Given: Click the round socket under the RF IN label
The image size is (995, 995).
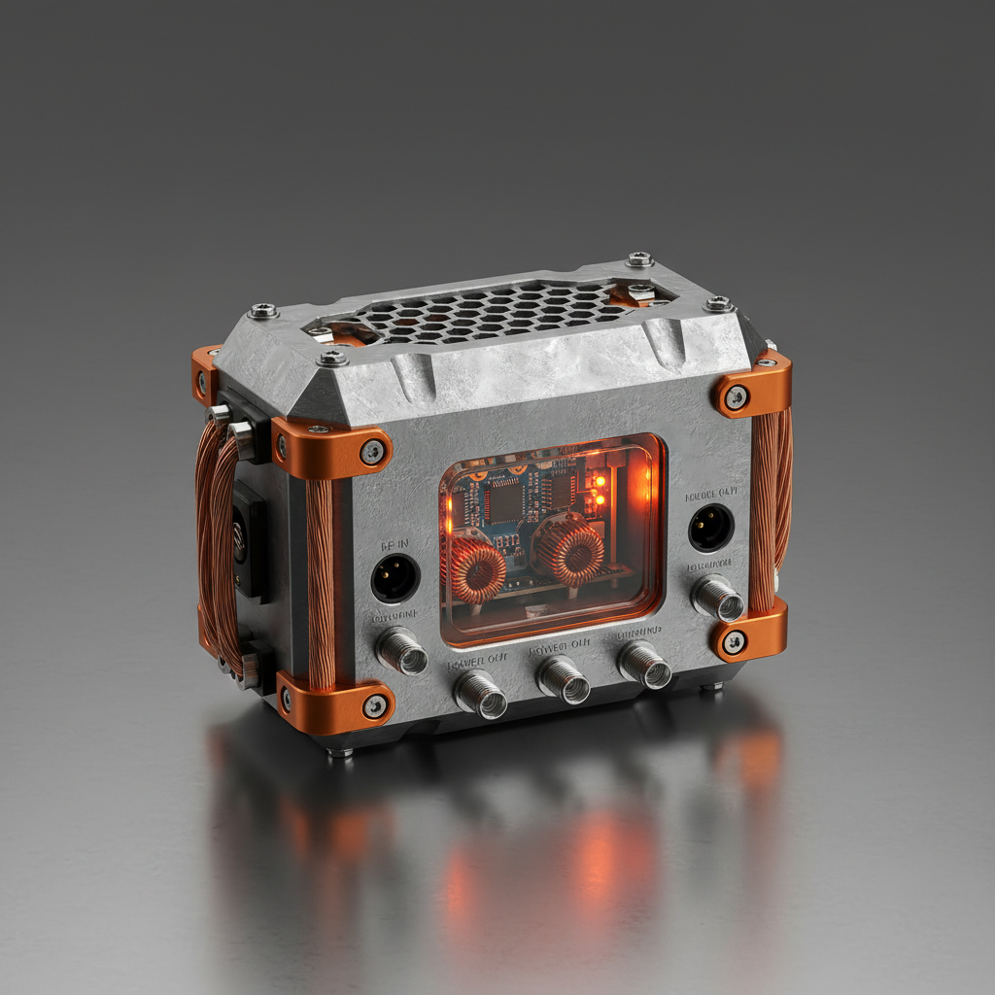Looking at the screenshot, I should tap(395, 578).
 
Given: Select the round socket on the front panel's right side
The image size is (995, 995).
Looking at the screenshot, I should tap(711, 528).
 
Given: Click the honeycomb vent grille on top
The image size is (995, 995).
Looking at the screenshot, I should tap(486, 311).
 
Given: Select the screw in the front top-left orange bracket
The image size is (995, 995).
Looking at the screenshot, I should tap(372, 451).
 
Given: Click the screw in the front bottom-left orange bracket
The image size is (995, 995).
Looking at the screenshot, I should tap(375, 706).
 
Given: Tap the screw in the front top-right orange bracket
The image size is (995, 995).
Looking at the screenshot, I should tap(737, 396).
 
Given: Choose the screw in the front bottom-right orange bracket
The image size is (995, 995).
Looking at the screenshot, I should tap(735, 641).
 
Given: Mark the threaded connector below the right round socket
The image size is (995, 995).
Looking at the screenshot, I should tap(718, 598).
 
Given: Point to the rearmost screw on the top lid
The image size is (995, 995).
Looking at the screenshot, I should tap(639, 259).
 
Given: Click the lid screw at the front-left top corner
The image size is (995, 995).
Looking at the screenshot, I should tap(332, 358).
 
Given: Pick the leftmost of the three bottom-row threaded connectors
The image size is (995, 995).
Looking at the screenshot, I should tap(481, 694).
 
